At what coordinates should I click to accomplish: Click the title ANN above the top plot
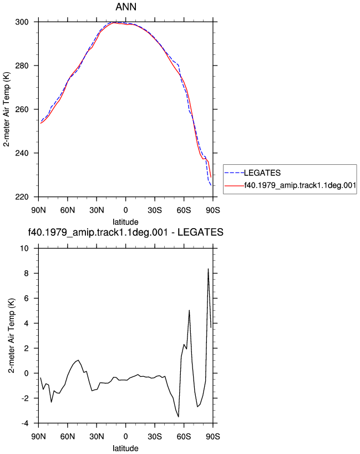coord(126,7)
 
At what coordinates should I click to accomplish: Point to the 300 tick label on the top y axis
coord(22,22)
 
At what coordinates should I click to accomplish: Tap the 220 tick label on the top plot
coord(22,197)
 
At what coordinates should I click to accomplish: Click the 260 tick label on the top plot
coord(22,109)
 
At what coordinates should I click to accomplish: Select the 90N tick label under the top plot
coord(38,210)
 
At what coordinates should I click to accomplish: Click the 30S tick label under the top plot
coord(155,210)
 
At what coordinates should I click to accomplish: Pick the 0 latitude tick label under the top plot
coord(125,210)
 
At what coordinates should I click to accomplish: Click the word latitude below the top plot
coord(125,222)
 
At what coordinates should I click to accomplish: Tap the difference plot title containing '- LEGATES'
coord(125,232)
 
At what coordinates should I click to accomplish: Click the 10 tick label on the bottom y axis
coord(24,249)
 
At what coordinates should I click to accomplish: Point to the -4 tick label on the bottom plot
coord(25,423)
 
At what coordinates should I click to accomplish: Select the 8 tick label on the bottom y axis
coord(26,273)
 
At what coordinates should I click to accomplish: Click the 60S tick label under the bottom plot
coord(184,436)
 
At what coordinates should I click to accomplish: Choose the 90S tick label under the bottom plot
coord(213,436)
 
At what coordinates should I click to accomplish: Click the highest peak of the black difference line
coord(208,269)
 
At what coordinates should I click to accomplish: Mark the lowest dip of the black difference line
coord(179,417)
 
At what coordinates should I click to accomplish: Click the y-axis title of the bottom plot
coord(11,336)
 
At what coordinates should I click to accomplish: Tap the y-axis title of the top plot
coord(7,109)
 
